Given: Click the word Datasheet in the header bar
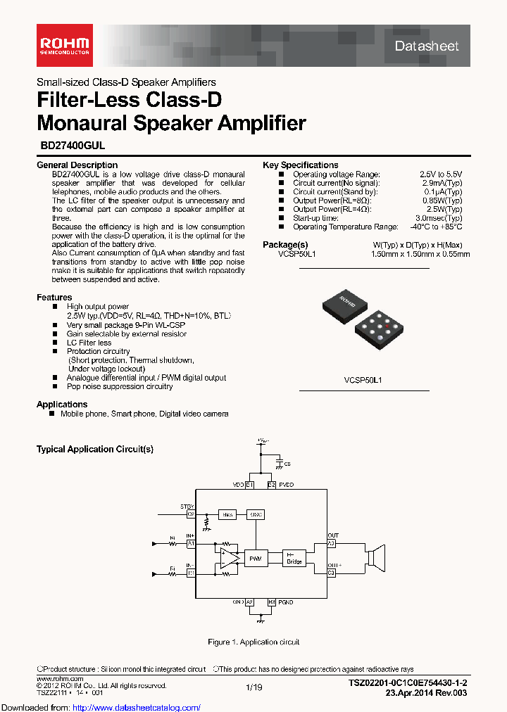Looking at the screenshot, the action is pos(426,46).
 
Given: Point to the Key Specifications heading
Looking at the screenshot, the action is pos(301,165).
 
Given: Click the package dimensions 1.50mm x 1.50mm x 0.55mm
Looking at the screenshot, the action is pos(420,254).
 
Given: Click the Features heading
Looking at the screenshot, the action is pos(54,297).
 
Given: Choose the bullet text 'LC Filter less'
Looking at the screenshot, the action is pos(89,343).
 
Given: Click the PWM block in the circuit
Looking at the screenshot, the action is pos(255,559).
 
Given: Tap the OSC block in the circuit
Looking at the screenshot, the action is pos(256,514).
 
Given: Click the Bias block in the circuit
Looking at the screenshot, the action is pos(227,514).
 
